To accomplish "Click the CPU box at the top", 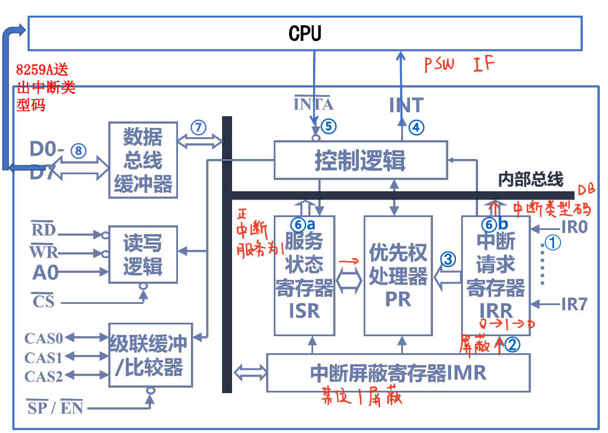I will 305,33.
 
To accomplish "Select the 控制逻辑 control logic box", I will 360,160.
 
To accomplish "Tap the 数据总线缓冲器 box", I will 143,160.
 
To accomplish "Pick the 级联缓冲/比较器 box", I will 150,354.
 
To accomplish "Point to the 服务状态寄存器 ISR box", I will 304,275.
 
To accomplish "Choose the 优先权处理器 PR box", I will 398,275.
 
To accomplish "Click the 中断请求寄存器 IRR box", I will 495,275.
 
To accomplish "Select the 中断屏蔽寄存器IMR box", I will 398,372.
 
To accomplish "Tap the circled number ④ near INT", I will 416,127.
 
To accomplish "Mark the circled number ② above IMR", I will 512,345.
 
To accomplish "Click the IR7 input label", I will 574,304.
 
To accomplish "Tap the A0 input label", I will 45,272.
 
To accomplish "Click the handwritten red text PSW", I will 440,64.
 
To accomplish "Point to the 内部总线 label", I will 530,179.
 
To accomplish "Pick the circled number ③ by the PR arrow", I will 448,259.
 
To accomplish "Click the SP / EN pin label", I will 55,408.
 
